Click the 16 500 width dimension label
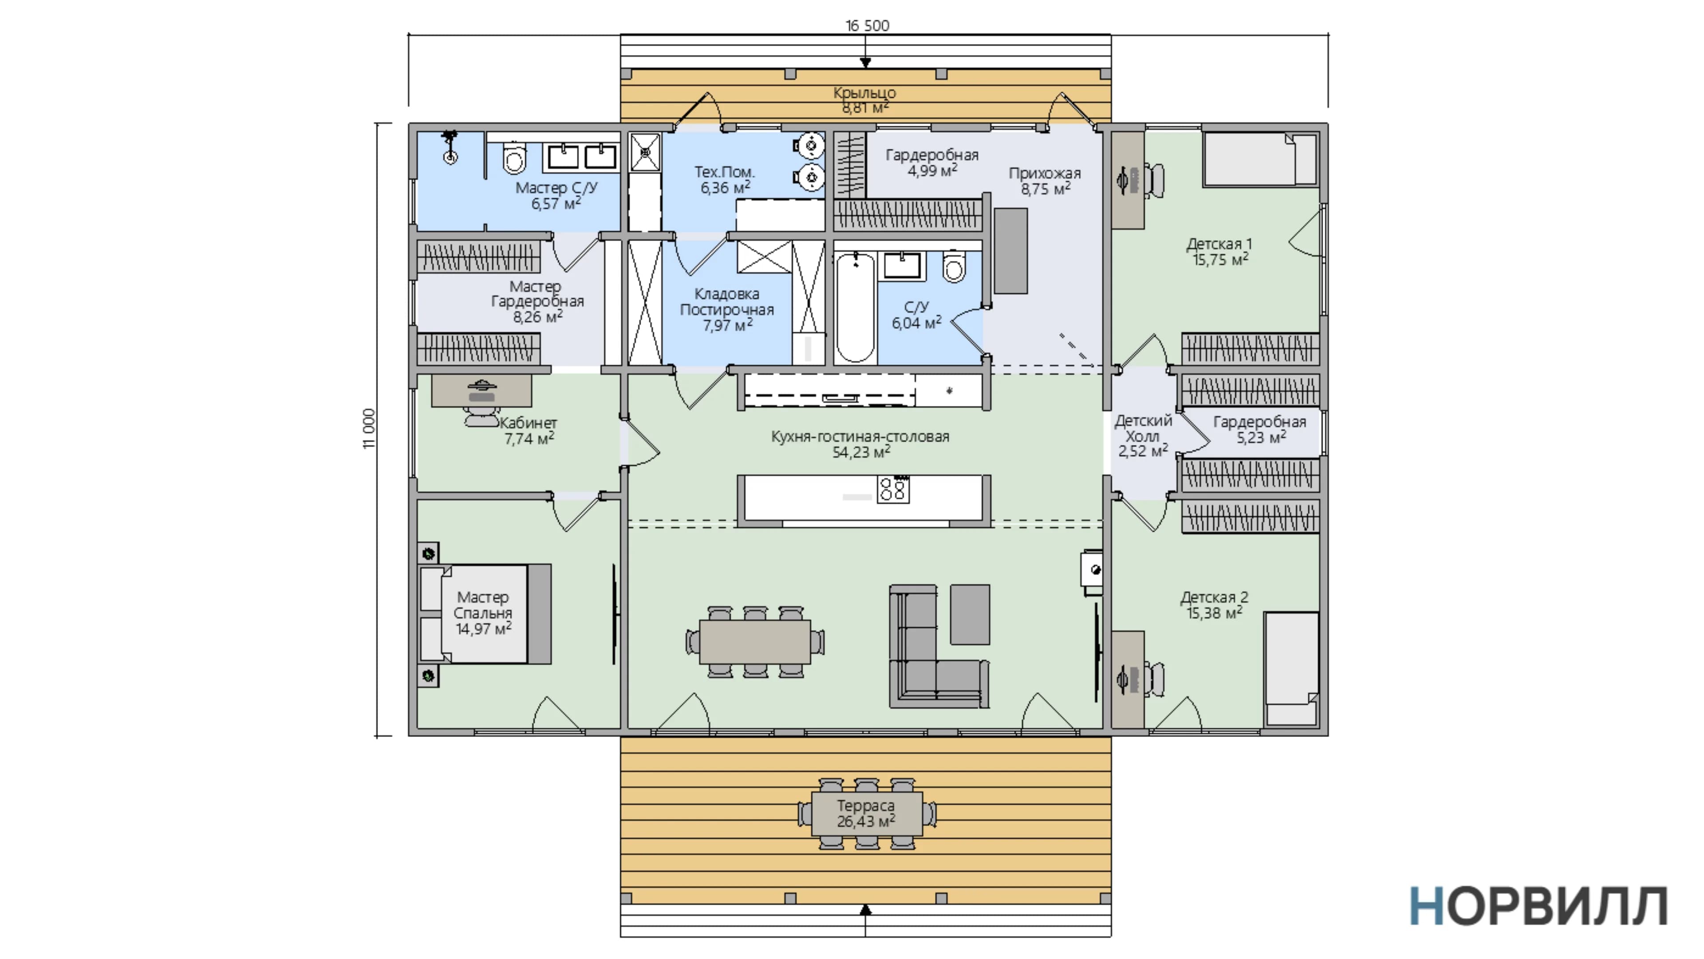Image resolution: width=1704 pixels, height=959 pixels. click(x=867, y=25)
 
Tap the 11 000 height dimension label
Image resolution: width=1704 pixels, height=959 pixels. click(x=369, y=429)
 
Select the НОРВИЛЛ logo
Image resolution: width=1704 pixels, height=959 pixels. click(x=1538, y=906)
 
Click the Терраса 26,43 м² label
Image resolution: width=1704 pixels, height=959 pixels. click(x=866, y=813)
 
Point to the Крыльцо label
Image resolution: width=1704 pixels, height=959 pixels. click(x=864, y=93)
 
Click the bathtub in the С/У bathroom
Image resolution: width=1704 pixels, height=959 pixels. click(x=855, y=307)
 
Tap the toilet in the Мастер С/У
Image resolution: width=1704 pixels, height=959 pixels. click(x=514, y=156)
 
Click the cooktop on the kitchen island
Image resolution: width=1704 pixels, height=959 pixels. click(x=893, y=490)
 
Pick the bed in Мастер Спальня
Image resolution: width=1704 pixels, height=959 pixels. click(x=485, y=614)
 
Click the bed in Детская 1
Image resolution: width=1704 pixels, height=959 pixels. click(x=1261, y=159)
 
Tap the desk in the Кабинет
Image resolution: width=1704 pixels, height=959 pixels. click(x=481, y=391)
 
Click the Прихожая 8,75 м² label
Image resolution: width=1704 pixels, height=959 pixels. click(x=1045, y=181)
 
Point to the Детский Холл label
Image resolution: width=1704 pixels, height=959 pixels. click(x=1143, y=428)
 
